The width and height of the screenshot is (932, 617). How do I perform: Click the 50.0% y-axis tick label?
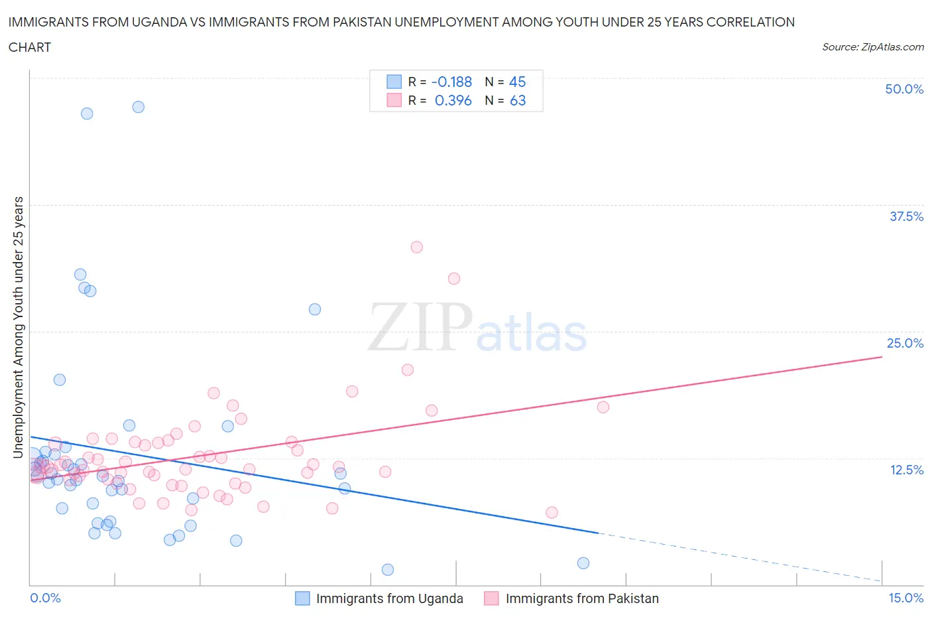(904, 89)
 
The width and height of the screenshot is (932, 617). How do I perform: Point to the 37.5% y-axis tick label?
(906, 216)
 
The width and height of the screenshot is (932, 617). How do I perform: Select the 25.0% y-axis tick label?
(905, 343)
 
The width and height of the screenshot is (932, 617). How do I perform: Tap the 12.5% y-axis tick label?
(906, 470)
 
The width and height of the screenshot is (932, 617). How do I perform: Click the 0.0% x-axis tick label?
(45, 598)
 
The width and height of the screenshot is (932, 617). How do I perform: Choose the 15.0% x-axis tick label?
(905, 598)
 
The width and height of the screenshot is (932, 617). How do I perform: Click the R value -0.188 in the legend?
(451, 82)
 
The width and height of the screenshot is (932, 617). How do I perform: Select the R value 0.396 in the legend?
(453, 100)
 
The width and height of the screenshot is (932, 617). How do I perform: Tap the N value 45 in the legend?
(517, 82)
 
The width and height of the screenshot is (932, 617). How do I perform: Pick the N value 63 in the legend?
(517, 100)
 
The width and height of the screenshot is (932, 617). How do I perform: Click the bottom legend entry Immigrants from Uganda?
(389, 598)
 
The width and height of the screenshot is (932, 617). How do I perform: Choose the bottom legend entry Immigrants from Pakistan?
(581, 598)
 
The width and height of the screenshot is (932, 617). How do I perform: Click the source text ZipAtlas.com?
(892, 47)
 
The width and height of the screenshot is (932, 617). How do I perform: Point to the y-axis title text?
(19, 327)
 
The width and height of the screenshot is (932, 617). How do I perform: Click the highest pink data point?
(416, 247)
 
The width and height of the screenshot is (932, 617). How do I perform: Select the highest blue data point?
(138, 107)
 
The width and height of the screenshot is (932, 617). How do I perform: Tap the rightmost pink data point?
(603, 407)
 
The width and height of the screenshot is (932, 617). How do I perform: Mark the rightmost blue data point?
(583, 563)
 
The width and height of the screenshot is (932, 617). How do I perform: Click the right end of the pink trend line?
(882, 357)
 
